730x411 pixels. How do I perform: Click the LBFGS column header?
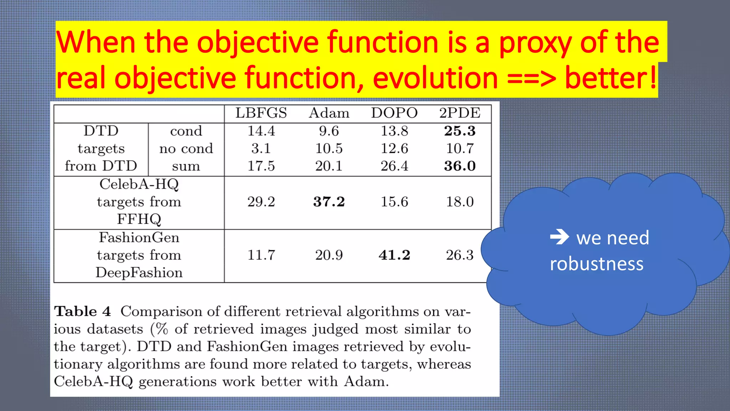[261, 113]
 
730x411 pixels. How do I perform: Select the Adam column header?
[329, 113]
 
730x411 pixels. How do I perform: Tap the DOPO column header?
[394, 113]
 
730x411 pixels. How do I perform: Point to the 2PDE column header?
[460, 113]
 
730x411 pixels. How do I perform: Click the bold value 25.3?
[460, 131]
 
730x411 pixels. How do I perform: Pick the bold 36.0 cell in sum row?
[460, 166]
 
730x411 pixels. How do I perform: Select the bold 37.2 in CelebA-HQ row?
[329, 202]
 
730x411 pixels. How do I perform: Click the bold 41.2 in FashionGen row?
[394, 255]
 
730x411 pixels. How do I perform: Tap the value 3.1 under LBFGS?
[261, 148]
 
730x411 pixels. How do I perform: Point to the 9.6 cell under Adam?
[329, 131]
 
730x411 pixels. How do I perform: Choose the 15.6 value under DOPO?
[394, 202]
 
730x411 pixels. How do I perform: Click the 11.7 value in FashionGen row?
[261, 255]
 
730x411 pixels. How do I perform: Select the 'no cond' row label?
[186, 148]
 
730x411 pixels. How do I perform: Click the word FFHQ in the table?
[139, 219]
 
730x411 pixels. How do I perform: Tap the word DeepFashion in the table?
[139, 273]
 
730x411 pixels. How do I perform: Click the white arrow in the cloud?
[559, 237]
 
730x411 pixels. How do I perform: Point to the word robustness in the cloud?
[596, 264]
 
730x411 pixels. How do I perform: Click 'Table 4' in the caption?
[82, 311]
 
